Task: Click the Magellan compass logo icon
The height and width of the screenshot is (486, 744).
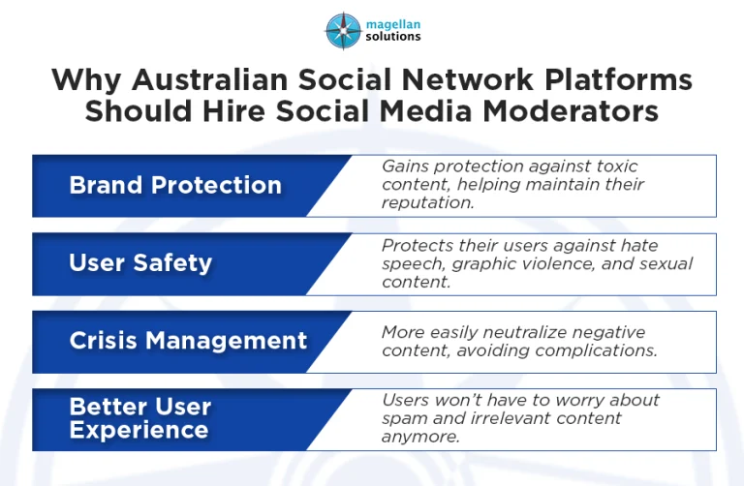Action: coord(343,29)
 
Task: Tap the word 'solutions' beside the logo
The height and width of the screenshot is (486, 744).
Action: coord(393,37)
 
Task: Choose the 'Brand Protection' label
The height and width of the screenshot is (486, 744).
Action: coord(175,186)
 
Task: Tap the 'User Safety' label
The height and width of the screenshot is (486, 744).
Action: coord(140,263)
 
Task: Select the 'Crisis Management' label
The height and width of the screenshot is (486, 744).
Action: coord(188,341)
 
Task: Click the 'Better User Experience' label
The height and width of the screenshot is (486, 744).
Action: coord(139,418)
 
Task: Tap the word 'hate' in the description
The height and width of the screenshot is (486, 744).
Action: coord(670,245)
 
